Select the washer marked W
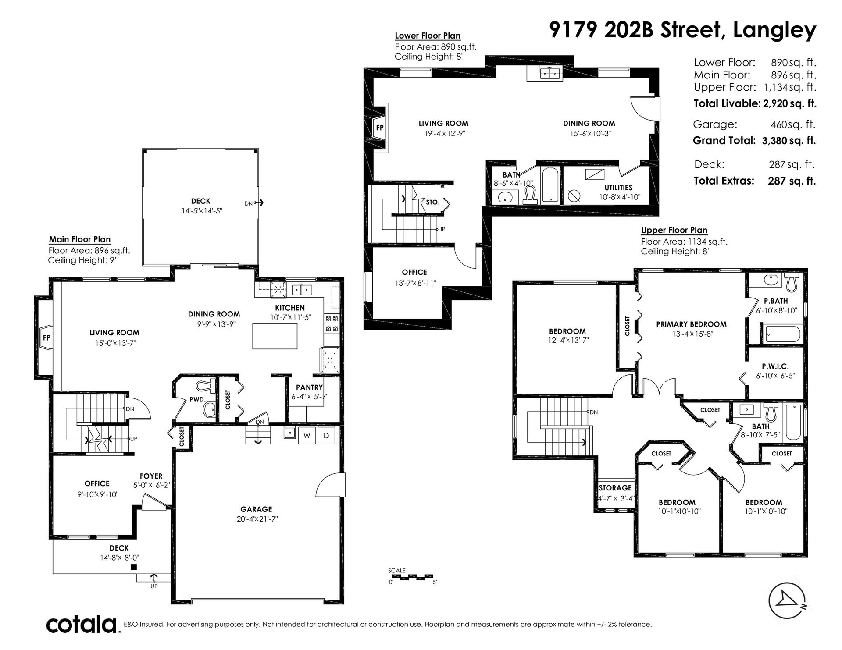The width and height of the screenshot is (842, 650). coord(307,436)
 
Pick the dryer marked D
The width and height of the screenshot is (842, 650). coord(326,436)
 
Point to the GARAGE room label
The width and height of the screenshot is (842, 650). coord(256,509)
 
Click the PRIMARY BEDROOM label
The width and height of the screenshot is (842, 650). coord(691,324)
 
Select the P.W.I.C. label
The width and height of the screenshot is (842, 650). coord(775,366)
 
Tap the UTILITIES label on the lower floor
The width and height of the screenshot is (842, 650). coord(618,188)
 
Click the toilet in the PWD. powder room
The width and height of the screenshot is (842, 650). coord(205,386)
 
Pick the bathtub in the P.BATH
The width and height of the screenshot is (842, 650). coord(783,335)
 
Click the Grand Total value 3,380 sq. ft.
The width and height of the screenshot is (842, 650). coord(788,141)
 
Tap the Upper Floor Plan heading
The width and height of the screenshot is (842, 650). coord(674,231)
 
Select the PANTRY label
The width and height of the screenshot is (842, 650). coord(309,387)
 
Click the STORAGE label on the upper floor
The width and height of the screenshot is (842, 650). coord(615,488)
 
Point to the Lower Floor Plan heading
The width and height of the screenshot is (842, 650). coord(428,36)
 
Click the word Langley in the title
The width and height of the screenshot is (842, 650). coord(774,31)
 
